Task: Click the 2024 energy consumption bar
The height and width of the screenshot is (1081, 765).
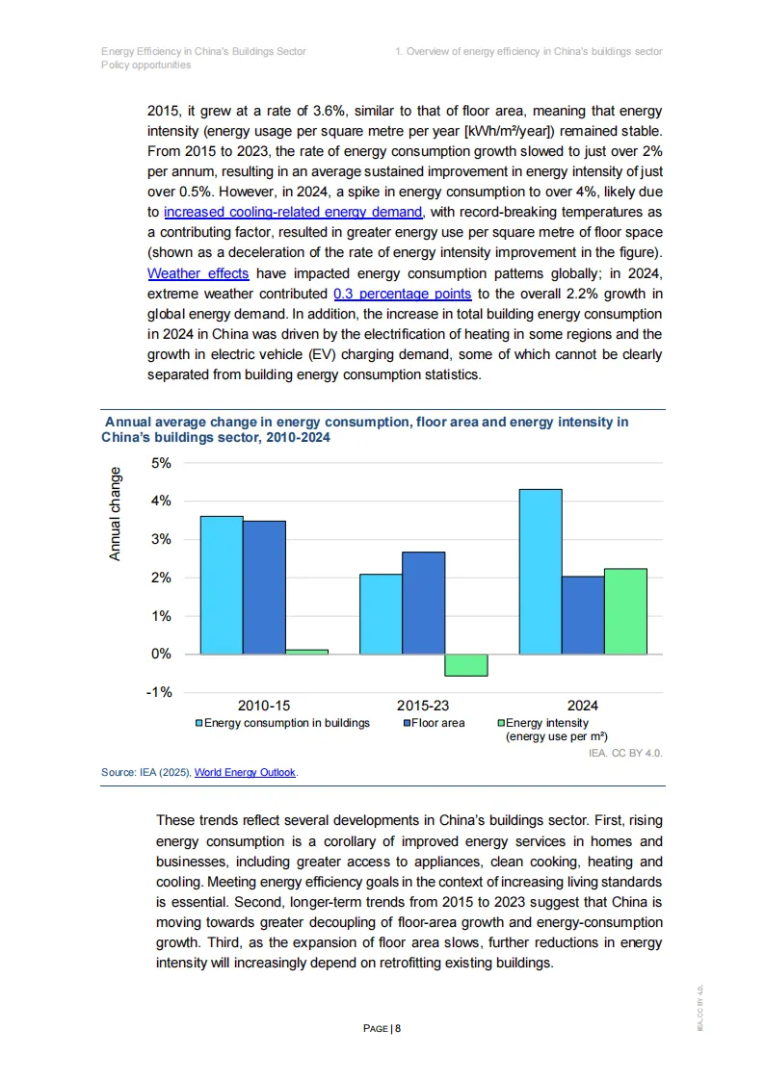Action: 540,571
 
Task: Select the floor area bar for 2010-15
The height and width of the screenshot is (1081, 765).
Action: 264,587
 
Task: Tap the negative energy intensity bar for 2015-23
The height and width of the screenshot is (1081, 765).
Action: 465,664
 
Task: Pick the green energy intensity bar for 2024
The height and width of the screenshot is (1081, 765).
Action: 625,611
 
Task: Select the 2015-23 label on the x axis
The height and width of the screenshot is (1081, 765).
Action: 423,706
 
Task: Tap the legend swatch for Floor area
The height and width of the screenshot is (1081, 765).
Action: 408,723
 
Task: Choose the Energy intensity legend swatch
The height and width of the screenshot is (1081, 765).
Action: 501,723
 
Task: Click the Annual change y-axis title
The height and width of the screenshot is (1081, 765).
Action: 116,514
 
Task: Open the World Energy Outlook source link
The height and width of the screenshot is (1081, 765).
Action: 246,772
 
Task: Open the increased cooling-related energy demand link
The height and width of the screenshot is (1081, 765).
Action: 293,212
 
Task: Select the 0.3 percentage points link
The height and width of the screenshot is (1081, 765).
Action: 402,294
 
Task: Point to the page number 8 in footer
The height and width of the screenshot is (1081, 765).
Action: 397,1028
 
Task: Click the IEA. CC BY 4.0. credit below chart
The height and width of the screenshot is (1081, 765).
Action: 625,753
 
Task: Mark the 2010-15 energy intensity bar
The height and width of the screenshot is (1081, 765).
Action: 306,652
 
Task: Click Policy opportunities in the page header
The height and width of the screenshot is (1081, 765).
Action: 145,64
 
